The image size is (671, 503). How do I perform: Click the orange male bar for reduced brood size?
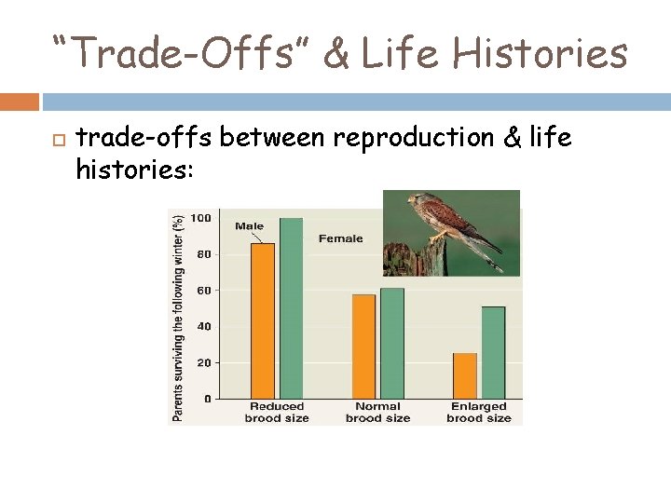tap(263, 320)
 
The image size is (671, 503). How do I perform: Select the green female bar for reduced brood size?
tap(292, 308)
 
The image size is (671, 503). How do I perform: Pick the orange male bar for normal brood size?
tap(363, 347)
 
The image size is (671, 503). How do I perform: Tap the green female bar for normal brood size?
tap(392, 343)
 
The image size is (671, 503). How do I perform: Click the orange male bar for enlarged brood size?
tap(464, 375)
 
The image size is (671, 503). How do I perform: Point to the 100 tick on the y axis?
tap(201, 218)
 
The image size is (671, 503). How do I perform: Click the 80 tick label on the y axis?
tap(203, 254)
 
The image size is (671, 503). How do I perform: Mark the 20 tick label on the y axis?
tap(203, 362)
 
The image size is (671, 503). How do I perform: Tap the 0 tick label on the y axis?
tap(207, 399)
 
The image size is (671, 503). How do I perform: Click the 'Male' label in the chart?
tap(249, 225)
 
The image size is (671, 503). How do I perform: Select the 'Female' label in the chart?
tap(340, 238)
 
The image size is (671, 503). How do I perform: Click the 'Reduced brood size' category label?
tap(277, 413)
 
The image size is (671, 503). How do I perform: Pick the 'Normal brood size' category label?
tap(377, 413)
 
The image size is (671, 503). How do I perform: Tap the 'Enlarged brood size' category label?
tap(479, 413)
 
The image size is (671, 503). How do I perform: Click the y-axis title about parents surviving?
tap(178, 316)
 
